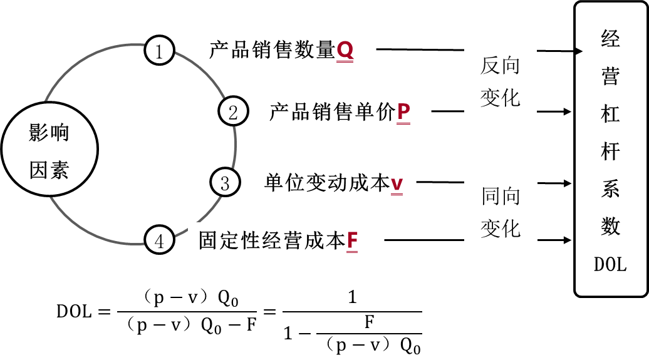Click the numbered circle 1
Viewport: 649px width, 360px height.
pos(159,51)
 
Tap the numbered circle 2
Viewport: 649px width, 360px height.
pos(233,112)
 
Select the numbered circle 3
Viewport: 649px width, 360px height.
pos(225,183)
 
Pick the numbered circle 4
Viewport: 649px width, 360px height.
pos(159,240)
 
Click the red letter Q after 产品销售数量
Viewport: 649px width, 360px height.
pos(345,50)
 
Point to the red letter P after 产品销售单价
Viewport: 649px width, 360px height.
pos(403,112)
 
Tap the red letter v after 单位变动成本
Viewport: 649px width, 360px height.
pos(397,183)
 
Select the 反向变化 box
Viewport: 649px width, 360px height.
pos(501,81)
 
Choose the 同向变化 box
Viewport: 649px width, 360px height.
pos(501,212)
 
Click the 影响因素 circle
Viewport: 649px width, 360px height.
pos(49,151)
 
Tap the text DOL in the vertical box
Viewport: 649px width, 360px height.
pos(610,265)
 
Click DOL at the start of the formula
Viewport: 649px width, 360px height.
pos(75,311)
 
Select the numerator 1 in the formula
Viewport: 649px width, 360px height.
pos(352,297)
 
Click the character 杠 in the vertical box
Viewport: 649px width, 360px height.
pos(610,115)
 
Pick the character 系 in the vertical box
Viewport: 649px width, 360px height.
pos(610,190)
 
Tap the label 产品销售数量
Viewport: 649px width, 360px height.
pos(272,50)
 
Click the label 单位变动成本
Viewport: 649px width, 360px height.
pos(326,183)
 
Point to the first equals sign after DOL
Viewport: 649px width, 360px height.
pos(104,311)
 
